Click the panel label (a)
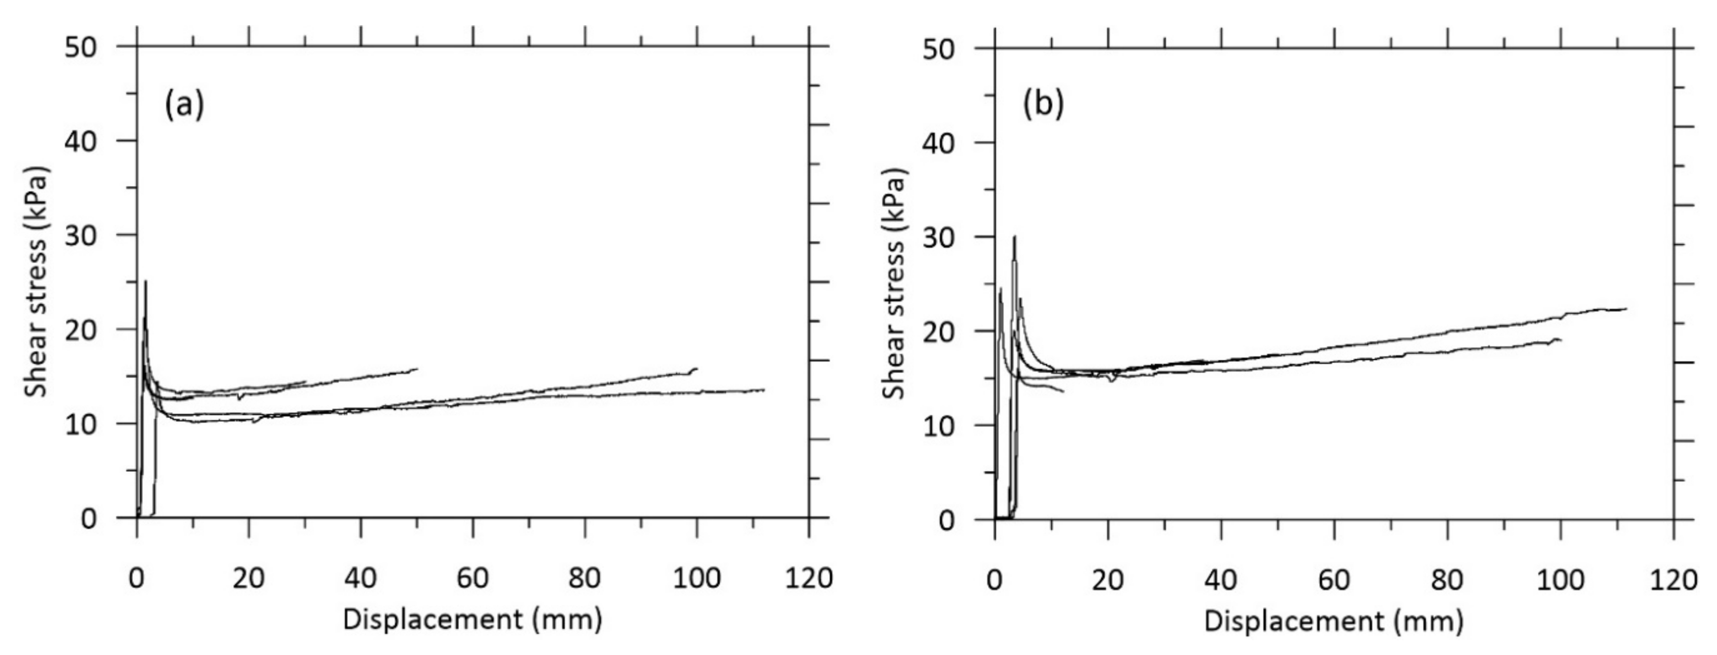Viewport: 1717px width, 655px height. click(x=184, y=105)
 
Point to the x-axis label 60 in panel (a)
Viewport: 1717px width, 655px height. click(x=473, y=578)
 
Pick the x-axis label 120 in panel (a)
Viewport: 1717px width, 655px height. click(x=809, y=578)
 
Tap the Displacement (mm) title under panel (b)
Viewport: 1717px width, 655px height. click(x=1333, y=621)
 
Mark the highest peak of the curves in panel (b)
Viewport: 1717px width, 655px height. click(x=1015, y=236)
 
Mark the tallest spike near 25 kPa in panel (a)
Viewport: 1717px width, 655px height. click(x=146, y=281)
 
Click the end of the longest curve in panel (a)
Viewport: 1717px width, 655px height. click(x=764, y=390)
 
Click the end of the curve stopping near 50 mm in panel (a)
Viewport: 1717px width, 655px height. click(x=417, y=368)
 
